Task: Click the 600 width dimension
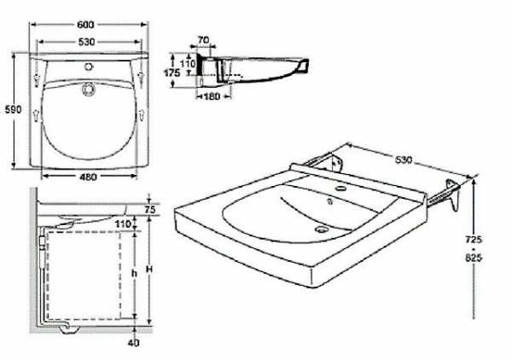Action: click(85, 25)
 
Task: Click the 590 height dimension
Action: click(13, 109)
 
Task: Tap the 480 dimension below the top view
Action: click(88, 177)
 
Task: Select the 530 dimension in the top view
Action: click(86, 42)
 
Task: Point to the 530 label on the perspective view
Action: click(404, 160)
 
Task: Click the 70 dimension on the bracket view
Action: click(203, 40)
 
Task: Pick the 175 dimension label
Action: click(172, 73)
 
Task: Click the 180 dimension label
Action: click(212, 96)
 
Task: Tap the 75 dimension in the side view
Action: click(150, 209)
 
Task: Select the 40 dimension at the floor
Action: click(134, 343)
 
